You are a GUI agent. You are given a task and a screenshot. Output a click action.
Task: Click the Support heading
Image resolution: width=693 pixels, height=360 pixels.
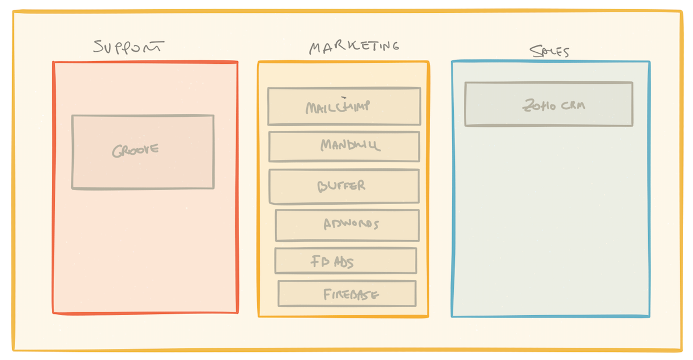click(129, 47)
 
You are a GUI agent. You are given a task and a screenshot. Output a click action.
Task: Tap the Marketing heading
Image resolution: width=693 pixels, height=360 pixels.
click(354, 47)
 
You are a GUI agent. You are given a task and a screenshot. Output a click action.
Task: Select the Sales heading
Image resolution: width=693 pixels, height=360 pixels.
click(549, 51)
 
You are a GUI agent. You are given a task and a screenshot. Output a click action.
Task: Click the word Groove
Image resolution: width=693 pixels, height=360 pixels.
click(136, 151)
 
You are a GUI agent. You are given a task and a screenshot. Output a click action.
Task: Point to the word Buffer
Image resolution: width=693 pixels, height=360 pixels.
click(342, 186)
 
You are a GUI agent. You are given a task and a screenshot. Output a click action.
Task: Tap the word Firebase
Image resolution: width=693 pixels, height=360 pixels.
click(351, 294)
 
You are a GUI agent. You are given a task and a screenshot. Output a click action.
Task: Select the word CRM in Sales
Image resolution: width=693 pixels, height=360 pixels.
click(573, 105)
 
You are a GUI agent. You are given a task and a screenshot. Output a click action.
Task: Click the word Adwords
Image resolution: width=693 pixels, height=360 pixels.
click(351, 224)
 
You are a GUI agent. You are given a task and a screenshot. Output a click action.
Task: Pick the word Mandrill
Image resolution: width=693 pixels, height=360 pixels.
click(350, 145)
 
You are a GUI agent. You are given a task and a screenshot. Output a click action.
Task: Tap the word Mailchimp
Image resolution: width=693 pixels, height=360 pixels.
click(337, 107)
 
